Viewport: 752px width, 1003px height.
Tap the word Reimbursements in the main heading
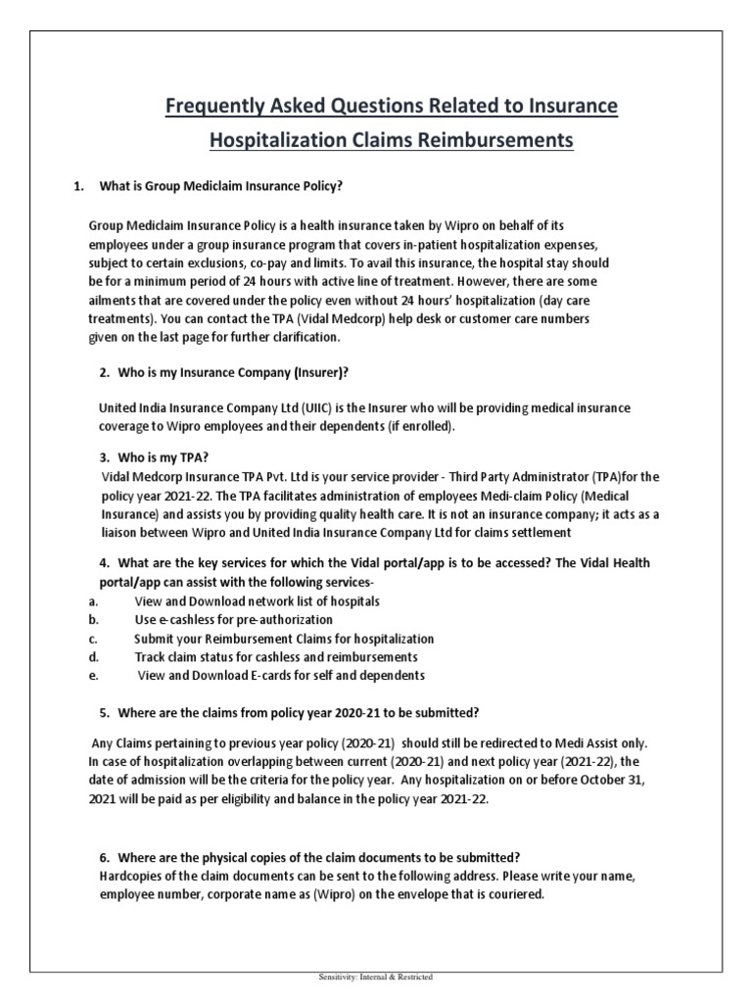pos(488,141)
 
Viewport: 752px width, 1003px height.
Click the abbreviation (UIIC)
pos(328,407)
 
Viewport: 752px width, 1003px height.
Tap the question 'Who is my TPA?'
pos(163,457)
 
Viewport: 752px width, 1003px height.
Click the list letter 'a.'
pos(92,600)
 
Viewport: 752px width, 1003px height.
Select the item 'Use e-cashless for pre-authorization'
pos(233,619)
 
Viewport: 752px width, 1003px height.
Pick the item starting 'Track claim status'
pos(275,656)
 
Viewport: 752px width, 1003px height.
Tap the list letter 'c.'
pos(92,638)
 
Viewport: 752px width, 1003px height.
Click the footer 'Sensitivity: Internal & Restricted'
pos(376,977)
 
